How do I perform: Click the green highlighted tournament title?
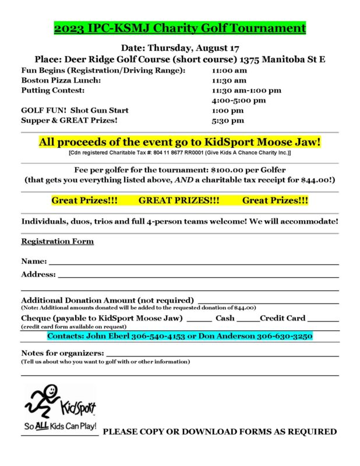(x=180, y=28)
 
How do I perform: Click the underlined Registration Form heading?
(x=57, y=241)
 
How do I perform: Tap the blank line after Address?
(x=198, y=276)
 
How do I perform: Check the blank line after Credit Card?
(x=323, y=320)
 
